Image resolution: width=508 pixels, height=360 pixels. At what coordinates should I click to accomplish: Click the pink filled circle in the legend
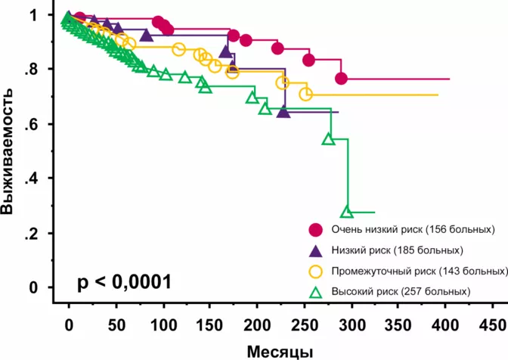[316, 229]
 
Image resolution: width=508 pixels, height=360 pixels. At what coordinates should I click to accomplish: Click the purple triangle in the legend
[316, 250]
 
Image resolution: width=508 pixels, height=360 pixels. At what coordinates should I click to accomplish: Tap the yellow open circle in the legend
[316, 271]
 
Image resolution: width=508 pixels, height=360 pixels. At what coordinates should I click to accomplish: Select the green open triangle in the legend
[316, 291]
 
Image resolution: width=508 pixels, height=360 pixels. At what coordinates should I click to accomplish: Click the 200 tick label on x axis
[257, 324]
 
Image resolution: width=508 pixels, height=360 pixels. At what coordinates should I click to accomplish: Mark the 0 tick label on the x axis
[69, 324]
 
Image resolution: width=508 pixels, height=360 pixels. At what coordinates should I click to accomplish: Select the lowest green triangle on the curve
[347, 212]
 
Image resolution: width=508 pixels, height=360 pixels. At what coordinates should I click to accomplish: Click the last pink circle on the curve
[342, 79]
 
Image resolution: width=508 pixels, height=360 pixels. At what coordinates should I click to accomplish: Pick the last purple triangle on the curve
[283, 112]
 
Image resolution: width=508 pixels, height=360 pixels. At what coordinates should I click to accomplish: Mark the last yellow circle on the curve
[305, 95]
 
